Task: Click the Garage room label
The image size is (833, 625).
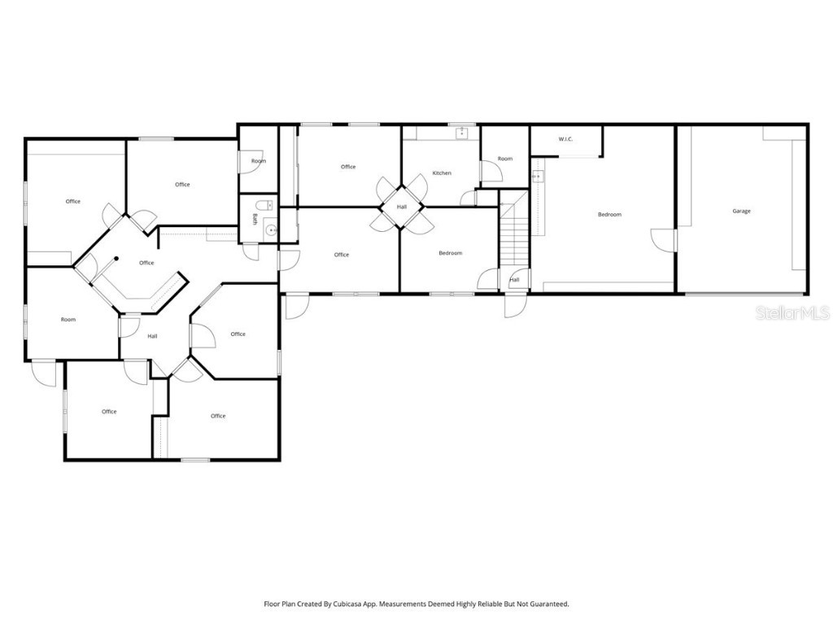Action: point(741,211)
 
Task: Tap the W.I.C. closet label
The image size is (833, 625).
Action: point(566,139)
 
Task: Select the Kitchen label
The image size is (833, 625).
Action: point(442,173)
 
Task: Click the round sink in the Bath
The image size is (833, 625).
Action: point(271,230)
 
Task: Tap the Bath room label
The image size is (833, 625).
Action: point(255,220)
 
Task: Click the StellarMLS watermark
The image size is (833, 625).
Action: point(792,313)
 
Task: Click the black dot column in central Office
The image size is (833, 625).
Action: point(116,259)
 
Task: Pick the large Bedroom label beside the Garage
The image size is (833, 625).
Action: point(609,214)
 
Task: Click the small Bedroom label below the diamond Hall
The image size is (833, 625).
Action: point(450,253)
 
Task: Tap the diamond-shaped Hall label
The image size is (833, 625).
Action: point(402,207)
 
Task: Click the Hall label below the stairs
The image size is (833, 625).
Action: point(514,280)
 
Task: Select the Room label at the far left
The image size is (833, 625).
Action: point(68,319)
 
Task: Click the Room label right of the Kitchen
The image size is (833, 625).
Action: point(505,159)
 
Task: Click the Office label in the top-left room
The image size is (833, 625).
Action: point(73,201)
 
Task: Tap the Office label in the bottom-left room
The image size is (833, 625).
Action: point(109,411)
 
